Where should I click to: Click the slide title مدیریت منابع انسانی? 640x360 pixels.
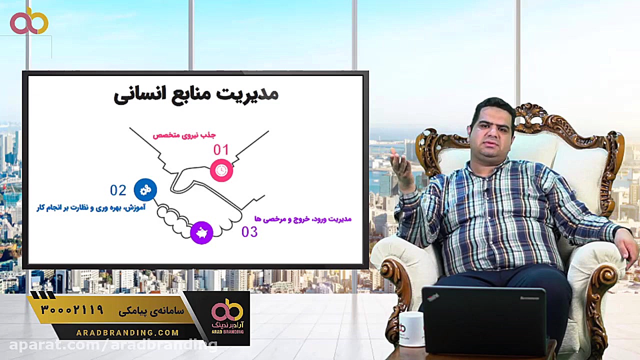[196, 94]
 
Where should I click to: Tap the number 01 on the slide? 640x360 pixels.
[221, 150]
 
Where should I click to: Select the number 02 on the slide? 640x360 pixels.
[118, 190]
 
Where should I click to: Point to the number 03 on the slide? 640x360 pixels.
[249, 232]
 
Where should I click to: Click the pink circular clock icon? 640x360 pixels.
[221, 171]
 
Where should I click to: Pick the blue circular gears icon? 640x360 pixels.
[145, 190]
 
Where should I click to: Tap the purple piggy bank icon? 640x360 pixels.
[201, 232]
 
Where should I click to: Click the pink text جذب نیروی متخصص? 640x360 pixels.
[184, 135]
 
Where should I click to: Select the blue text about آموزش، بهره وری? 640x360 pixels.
[91, 207]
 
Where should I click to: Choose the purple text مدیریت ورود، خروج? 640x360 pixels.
[303, 219]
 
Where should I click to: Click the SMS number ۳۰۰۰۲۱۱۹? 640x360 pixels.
[72, 310]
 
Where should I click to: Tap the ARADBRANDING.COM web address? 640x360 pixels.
[127, 332]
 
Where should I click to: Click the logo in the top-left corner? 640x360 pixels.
[29, 21]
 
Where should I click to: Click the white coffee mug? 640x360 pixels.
[411, 328]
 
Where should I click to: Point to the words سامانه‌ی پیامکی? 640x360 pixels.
[151, 311]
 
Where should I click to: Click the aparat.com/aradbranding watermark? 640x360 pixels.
[113, 345]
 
